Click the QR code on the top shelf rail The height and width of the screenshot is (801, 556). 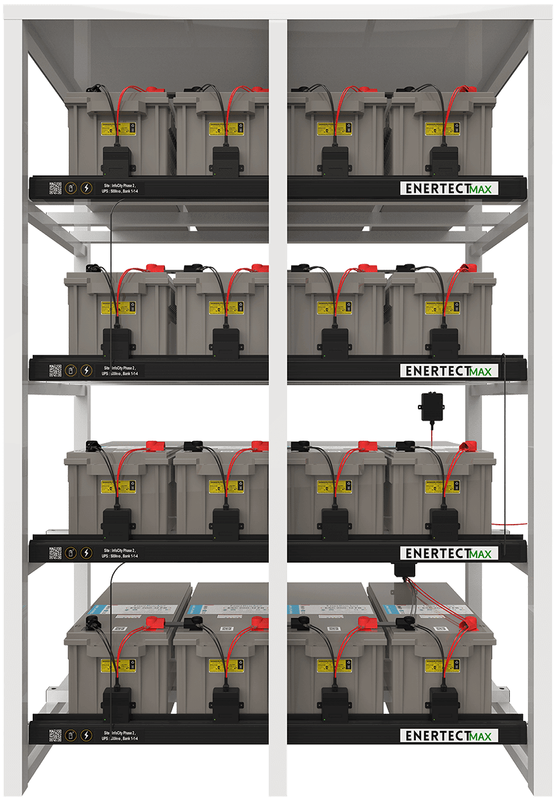(x=55, y=188)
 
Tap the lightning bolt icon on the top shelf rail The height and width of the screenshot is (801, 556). (x=86, y=188)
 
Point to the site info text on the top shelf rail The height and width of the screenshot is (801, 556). (x=122, y=188)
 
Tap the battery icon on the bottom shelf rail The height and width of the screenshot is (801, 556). (x=71, y=735)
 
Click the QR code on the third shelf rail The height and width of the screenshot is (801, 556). (x=55, y=553)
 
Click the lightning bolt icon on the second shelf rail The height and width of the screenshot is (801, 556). (x=86, y=370)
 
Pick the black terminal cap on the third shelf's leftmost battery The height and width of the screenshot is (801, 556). (x=93, y=445)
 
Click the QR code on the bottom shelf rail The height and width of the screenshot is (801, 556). (x=55, y=735)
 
